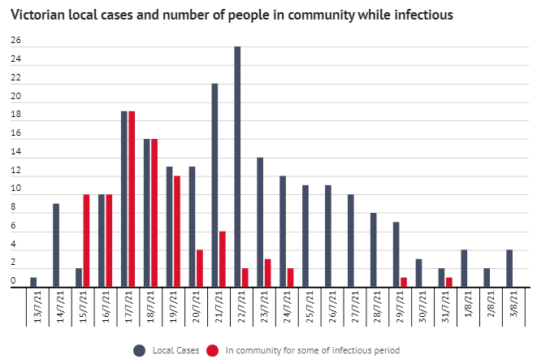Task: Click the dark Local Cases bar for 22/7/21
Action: (x=237, y=166)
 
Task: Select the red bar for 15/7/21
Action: (x=86, y=240)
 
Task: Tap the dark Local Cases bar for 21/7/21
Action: (x=214, y=184)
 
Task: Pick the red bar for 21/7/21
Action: (x=222, y=258)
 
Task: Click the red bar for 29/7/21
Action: (x=404, y=281)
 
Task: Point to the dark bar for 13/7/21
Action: (x=33, y=281)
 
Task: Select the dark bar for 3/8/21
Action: (x=509, y=267)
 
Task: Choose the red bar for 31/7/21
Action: (x=448, y=281)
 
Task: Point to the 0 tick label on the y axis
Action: (x=14, y=282)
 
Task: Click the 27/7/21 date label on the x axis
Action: (x=351, y=306)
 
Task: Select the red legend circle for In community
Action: (x=213, y=349)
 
